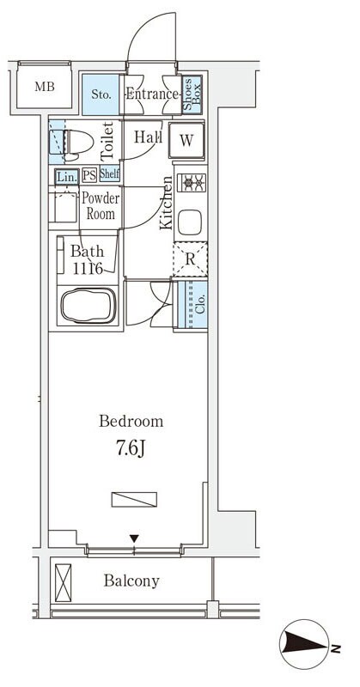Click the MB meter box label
coord(45,87)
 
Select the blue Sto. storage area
coord(101,94)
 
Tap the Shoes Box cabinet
coord(192,94)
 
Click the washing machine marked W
coord(186,140)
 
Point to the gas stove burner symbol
coord(192,181)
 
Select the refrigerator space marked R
coord(190,258)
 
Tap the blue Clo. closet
coord(192,305)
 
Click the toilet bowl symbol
coord(78,143)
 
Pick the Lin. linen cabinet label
coord(67,177)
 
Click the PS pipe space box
coord(89,176)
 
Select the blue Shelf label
coord(110,174)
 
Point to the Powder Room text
coord(101,206)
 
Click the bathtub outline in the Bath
coord(88,305)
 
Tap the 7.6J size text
coord(131,448)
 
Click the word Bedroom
coord(131,422)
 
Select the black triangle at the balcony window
coord(134,538)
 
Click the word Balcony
coord(131,581)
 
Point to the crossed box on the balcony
coord(63,583)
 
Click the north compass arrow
coord(304,644)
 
